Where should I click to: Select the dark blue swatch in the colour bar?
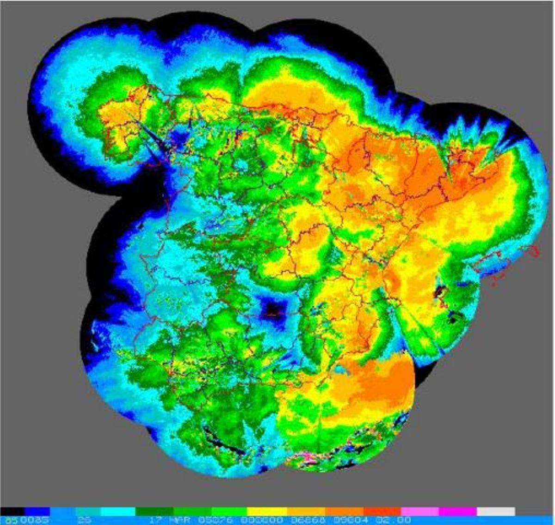coord(37,511)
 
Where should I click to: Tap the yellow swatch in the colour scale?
coord(268,511)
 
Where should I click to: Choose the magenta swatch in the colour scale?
coord(457,511)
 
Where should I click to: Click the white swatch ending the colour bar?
coord(496,511)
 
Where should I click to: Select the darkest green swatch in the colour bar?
coord(154,511)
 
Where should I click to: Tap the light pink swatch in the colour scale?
coord(419,511)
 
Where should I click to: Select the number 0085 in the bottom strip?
coord(38,520)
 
